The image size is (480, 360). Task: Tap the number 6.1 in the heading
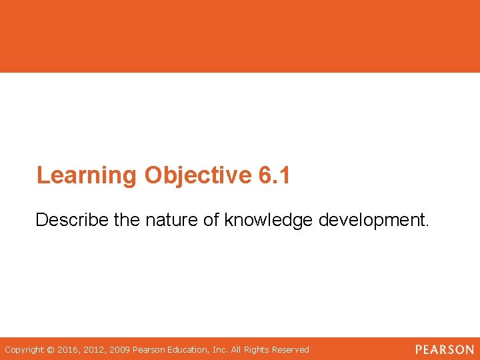tap(273, 175)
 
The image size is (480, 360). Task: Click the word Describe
tap(72, 220)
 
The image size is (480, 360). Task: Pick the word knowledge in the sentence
tap(269, 220)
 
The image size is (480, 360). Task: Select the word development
tap(374, 220)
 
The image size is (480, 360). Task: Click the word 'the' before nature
tap(127, 220)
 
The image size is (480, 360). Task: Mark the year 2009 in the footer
tap(121, 349)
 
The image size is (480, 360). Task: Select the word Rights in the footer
tap(257, 349)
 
